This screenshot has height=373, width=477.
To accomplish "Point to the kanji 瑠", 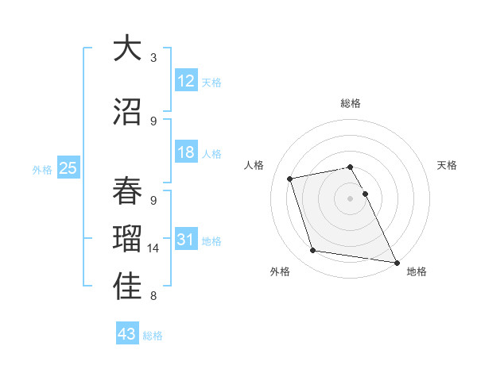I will point(127,238).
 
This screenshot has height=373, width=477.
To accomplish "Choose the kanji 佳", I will point(127,287).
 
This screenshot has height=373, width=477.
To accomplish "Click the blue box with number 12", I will point(186,80).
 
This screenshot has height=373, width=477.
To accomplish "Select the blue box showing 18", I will point(186,152).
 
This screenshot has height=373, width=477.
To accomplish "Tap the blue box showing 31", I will point(186,240).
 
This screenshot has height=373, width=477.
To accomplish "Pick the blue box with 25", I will point(68,167).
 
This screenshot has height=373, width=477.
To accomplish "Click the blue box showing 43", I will point(126,334).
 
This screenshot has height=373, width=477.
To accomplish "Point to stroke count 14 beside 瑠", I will point(153,248).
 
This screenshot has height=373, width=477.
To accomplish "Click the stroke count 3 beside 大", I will point(153,58).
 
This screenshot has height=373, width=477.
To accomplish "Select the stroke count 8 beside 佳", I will point(153,296).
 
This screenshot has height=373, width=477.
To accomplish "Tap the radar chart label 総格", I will point(351,103).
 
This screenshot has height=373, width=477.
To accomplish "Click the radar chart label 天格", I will point(448,165).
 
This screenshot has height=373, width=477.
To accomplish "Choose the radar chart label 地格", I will point(417,271).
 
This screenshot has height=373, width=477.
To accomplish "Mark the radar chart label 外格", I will point(280,271).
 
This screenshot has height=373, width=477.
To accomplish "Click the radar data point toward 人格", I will point(290,178).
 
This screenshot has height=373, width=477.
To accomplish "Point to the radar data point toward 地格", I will point(396,261).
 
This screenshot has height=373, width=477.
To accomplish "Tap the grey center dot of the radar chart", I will point(351,198).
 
